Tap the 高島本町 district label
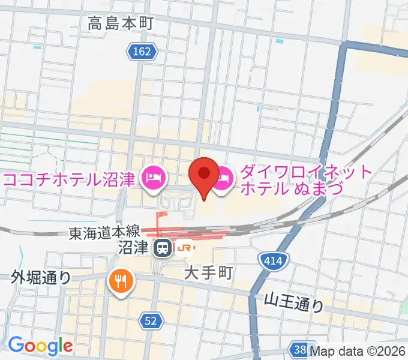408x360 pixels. click(121, 24)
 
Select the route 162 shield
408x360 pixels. click(142, 52)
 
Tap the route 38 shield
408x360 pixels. click(298, 349)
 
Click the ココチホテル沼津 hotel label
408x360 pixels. click(70, 179)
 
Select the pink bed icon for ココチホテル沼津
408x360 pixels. click(152, 178)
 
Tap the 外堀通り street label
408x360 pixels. click(41, 277)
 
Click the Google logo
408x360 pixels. click(40, 346)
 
